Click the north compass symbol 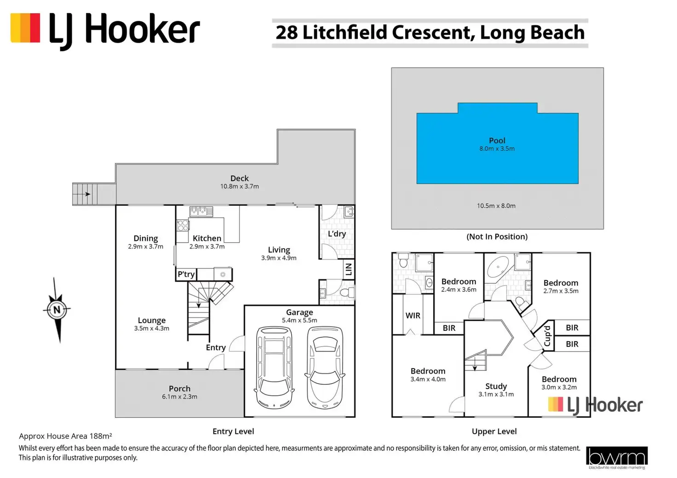(57, 310)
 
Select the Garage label (299, 312)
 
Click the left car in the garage (275, 368)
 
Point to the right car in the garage (325, 368)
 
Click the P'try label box (186, 274)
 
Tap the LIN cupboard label (349, 269)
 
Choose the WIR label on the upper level (413, 316)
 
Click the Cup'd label (547, 336)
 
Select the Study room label (496, 386)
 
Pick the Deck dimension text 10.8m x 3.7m (239, 187)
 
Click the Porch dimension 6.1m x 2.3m (179, 397)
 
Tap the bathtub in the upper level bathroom (498, 267)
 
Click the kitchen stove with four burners (183, 226)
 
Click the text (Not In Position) (497, 237)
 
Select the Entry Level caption (233, 432)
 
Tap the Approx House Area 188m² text (66, 436)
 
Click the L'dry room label (337, 234)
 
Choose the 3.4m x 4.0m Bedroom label (428, 375)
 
